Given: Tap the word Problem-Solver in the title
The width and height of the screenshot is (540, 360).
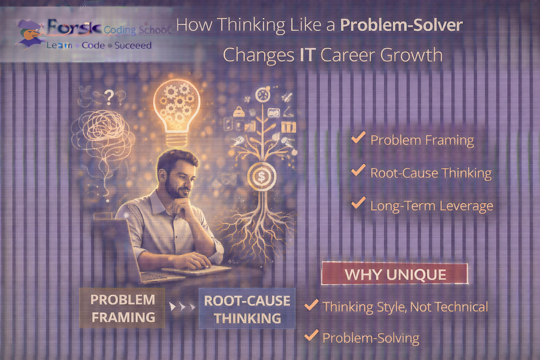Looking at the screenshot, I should pyautogui.click(x=401, y=25).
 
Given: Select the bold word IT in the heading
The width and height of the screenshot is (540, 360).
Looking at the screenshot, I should pyautogui.click(x=307, y=55).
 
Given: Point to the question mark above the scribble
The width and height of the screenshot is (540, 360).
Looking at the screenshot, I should pyautogui.click(x=109, y=98).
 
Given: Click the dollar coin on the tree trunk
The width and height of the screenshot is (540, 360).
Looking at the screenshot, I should pyautogui.click(x=262, y=176).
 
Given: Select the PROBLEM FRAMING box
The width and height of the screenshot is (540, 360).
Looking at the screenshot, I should pyautogui.click(x=122, y=308).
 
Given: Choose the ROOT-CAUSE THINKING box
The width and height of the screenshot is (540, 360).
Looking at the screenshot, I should pyautogui.click(x=247, y=309).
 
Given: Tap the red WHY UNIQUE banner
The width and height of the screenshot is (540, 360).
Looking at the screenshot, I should pyautogui.click(x=395, y=274).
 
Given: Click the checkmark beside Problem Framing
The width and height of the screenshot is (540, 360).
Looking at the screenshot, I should pyautogui.click(x=358, y=138).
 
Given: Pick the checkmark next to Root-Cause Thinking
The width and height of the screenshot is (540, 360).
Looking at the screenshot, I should pyautogui.click(x=358, y=171).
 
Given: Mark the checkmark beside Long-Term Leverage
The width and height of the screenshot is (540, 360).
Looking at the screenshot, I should pyautogui.click(x=358, y=203).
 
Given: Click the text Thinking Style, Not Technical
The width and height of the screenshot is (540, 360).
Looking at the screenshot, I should pyautogui.click(x=405, y=307).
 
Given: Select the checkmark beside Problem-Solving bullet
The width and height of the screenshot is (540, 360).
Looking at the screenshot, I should pyautogui.click(x=311, y=335).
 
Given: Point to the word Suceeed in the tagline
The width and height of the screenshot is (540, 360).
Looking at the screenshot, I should pyautogui.click(x=133, y=46).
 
